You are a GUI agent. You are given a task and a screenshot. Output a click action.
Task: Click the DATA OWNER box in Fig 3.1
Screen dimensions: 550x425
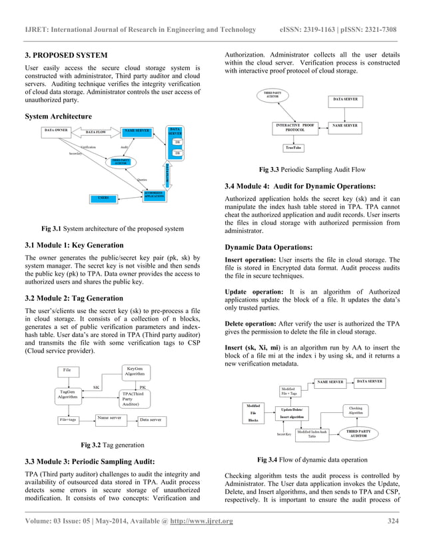[x=57, y=130]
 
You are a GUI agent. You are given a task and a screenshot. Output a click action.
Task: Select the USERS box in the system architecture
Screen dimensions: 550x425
[x=103, y=198]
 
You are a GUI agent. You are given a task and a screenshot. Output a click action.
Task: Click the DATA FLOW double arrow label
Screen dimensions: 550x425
[x=96, y=133]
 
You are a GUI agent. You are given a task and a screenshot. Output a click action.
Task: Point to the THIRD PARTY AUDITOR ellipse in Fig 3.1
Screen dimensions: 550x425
[x=120, y=161]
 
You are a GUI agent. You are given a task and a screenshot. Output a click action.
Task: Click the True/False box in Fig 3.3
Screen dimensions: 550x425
[x=294, y=147]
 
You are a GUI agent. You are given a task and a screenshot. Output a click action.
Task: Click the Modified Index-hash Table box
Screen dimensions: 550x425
[x=312, y=434]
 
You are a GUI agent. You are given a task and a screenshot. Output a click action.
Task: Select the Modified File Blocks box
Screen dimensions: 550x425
[x=253, y=413]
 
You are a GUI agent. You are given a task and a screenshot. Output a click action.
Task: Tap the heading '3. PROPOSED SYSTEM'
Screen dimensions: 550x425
[x=63, y=53]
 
